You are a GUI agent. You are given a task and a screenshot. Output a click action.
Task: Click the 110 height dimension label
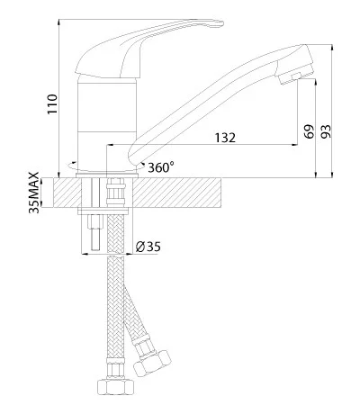pyautogui.click(x=52, y=103)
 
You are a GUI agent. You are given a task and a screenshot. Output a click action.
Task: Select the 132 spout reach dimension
pyautogui.click(x=225, y=138)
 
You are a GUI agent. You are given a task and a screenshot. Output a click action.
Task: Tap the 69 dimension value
pyautogui.click(x=309, y=131)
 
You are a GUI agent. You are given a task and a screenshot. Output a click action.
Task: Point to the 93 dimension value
pyautogui.click(x=326, y=131)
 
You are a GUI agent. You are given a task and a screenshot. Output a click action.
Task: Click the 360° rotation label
pyautogui.click(x=161, y=167)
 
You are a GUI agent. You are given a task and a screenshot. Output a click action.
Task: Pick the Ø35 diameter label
pyautogui.click(x=148, y=247)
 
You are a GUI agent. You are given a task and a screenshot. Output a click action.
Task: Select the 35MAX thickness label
pyautogui.click(x=34, y=193)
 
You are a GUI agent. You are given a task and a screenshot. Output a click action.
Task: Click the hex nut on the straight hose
pyautogui.click(x=115, y=387)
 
